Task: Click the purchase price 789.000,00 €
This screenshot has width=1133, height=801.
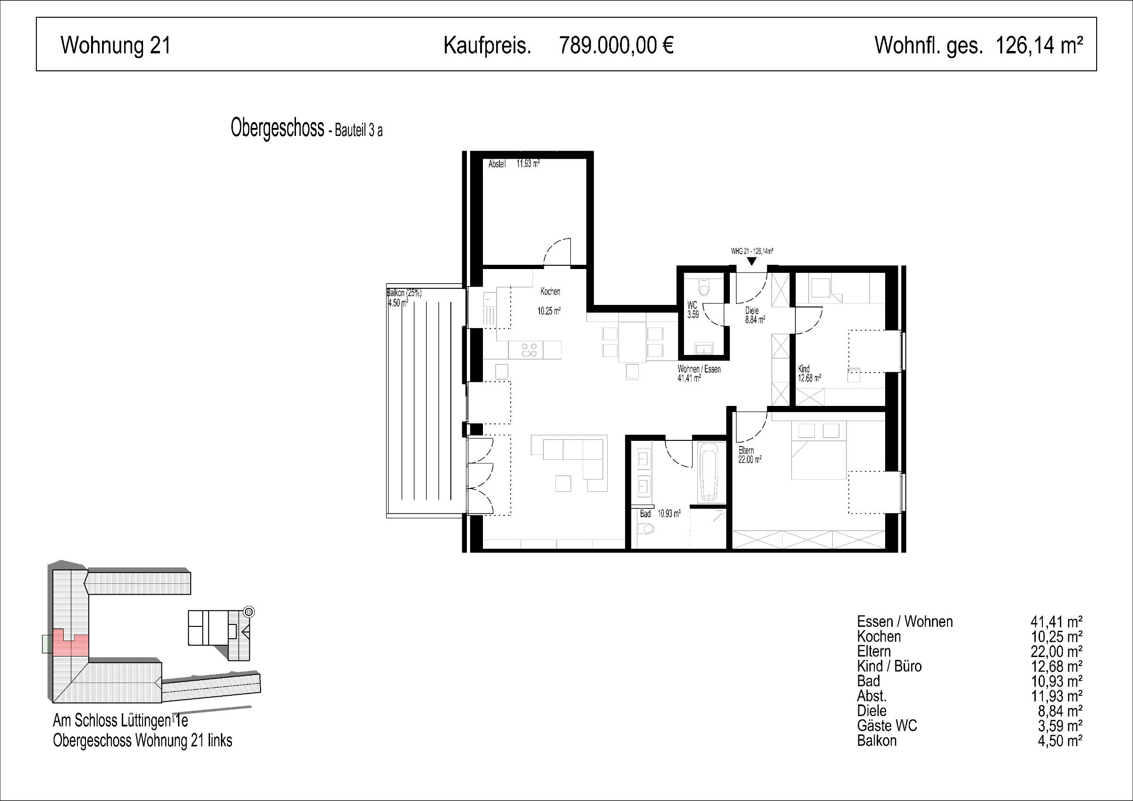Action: (x=617, y=45)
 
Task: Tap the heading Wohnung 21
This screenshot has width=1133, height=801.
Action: (x=116, y=45)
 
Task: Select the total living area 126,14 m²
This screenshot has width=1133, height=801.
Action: (x=1039, y=45)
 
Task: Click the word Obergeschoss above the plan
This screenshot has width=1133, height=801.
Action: (x=277, y=128)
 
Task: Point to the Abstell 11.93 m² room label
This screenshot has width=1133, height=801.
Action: (x=514, y=164)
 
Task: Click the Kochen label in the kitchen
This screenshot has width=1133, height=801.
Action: (x=550, y=292)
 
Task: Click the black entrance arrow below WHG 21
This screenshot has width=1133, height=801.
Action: (x=752, y=261)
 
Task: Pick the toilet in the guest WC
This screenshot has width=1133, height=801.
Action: (x=704, y=287)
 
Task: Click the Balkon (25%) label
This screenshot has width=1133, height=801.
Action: (x=404, y=293)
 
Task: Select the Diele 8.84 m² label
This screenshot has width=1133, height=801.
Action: (x=755, y=315)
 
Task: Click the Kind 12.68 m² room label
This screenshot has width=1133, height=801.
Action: (x=809, y=374)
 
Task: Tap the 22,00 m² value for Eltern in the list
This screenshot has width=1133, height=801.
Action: (x=1057, y=651)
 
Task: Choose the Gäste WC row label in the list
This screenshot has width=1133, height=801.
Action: (x=887, y=725)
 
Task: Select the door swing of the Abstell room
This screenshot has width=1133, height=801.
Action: (x=557, y=252)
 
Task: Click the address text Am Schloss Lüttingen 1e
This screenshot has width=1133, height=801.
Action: (x=120, y=721)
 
